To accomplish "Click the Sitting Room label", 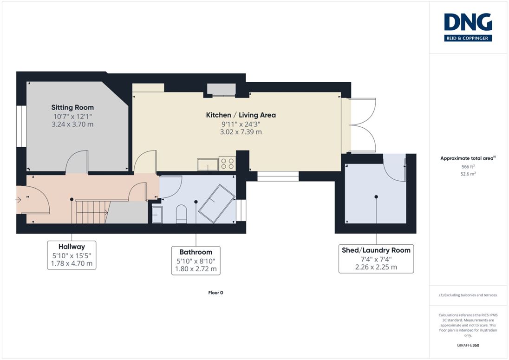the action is pyautogui.click(x=72, y=107).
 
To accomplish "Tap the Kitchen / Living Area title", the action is pyautogui.click(x=241, y=115).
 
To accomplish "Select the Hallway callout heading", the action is pyautogui.click(x=72, y=247).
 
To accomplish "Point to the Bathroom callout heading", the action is pyautogui.click(x=196, y=252).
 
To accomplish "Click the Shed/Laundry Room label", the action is pyautogui.click(x=376, y=250).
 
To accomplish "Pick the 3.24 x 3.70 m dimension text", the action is pyautogui.click(x=72, y=124).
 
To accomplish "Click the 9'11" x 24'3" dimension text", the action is pyautogui.click(x=241, y=124).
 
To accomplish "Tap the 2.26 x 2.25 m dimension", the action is pyautogui.click(x=376, y=267).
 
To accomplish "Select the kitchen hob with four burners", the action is pyautogui.click(x=227, y=164).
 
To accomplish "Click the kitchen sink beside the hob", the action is pyautogui.click(x=208, y=164).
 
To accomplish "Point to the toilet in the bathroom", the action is pyautogui.click(x=182, y=214).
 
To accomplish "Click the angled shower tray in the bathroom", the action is pyautogui.click(x=216, y=203).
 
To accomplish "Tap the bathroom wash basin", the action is pyautogui.click(x=157, y=215).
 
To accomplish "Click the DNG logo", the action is pyautogui.click(x=468, y=27).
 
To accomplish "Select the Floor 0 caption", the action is pyautogui.click(x=215, y=293).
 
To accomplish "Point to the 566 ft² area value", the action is pyautogui.click(x=468, y=166).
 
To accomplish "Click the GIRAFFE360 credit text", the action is pyautogui.click(x=468, y=345).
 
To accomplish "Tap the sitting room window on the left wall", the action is pyautogui.click(x=21, y=126).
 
